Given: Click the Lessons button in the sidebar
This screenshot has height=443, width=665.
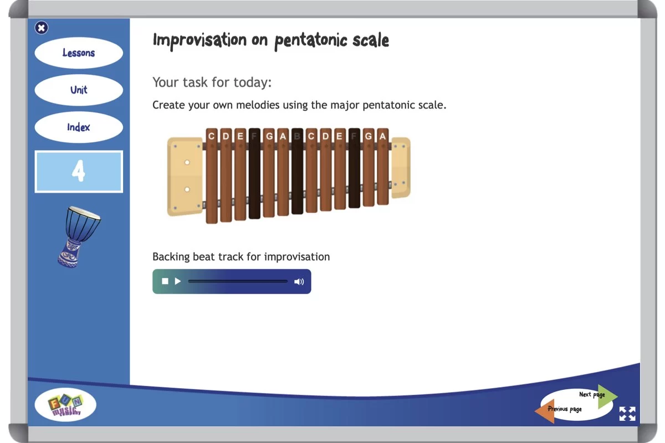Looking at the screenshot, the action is tap(79, 53).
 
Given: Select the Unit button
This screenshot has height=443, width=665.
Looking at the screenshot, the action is tap(79, 90).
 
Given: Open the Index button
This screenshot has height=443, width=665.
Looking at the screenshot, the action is tap(79, 127).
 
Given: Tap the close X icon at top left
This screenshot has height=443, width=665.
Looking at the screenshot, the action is tap(41, 28).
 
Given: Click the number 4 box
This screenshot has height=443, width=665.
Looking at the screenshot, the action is tap(79, 172).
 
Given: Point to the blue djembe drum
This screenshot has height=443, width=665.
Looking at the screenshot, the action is tap(79, 237).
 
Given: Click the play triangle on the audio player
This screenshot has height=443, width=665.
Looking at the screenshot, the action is tap(177, 281).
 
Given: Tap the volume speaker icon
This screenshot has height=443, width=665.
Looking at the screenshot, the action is tap(299, 281).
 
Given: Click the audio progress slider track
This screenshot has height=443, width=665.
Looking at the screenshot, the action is tap(238, 281).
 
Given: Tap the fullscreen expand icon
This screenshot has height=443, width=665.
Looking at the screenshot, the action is tap(627, 414).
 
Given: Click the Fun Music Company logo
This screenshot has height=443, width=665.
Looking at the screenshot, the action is tap(65, 405).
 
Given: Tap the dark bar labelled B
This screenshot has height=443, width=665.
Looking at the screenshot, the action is tap(297, 171).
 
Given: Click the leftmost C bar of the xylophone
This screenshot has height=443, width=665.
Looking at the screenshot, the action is tap(212, 176).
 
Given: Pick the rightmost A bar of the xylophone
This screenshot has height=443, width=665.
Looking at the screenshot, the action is tap(383, 167).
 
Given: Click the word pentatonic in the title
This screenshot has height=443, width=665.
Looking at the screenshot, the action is tap(311, 40).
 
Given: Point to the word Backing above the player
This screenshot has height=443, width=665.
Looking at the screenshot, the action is tap(171, 257).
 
